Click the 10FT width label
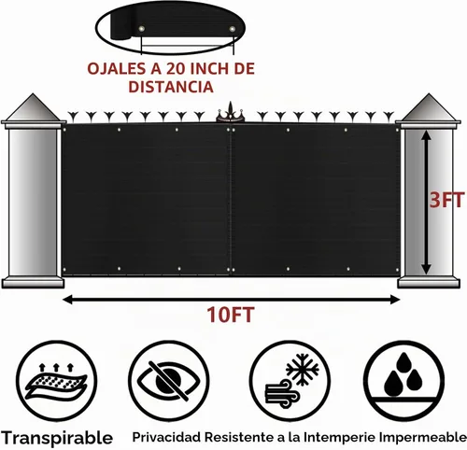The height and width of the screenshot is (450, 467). (231, 315)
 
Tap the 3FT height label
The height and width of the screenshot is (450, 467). (446, 200)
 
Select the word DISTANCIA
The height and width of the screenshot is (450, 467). (171, 87)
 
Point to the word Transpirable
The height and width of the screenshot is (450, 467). (57, 438)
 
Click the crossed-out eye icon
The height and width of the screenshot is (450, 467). (169, 381)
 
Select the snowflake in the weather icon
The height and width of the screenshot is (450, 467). (303, 370)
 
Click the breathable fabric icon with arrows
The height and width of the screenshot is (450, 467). (56, 382)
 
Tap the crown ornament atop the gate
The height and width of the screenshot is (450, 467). (230, 112)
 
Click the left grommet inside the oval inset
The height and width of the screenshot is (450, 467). (142, 29)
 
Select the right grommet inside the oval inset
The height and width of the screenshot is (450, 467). (233, 29)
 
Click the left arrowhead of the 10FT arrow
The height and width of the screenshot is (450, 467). (67, 300)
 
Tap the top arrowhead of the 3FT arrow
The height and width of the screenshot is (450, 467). (426, 134)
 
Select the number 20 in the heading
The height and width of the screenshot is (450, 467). (177, 68)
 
